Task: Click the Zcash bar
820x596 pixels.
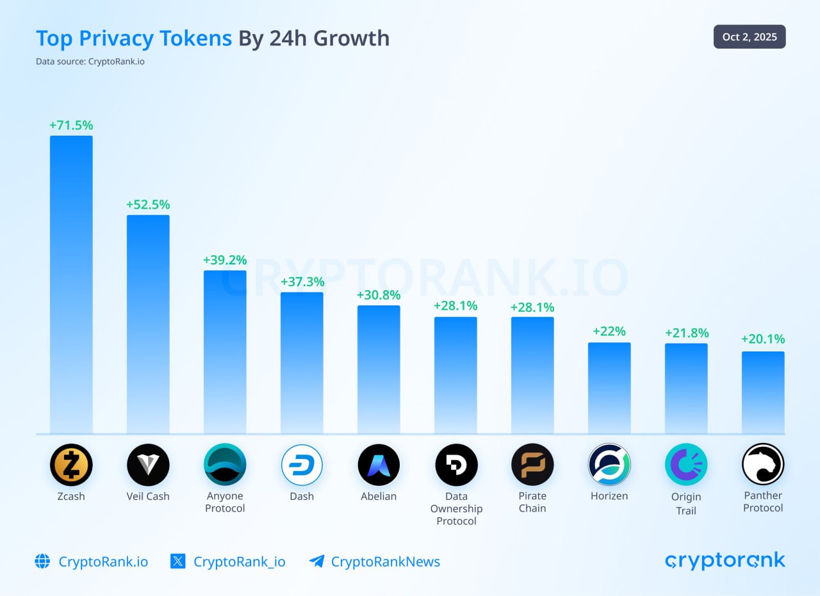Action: click(x=71, y=284)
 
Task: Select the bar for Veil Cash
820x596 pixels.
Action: click(x=148, y=324)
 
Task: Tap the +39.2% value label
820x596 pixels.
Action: click(x=225, y=260)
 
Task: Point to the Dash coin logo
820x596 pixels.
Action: click(x=302, y=465)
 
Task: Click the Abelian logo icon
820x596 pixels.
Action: click(x=379, y=465)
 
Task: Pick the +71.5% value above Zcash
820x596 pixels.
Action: click(x=71, y=125)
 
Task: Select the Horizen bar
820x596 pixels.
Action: click(x=609, y=388)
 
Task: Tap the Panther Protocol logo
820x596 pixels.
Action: click(x=763, y=465)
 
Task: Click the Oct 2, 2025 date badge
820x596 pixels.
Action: click(x=750, y=37)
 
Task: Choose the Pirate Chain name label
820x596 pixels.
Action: click(x=532, y=502)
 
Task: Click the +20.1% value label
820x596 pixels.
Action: click(x=763, y=339)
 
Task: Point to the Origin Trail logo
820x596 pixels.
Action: click(x=686, y=465)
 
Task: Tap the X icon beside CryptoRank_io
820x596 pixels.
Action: click(x=178, y=561)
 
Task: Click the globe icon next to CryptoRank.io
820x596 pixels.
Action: click(x=42, y=561)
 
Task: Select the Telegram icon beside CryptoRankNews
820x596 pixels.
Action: click(x=316, y=561)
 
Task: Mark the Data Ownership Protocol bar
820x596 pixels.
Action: click(x=455, y=375)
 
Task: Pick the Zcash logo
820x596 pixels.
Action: click(x=71, y=465)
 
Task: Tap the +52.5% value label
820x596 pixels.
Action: click(x=148, y=205)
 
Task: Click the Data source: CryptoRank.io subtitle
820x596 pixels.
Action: click(x=90, y=62)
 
